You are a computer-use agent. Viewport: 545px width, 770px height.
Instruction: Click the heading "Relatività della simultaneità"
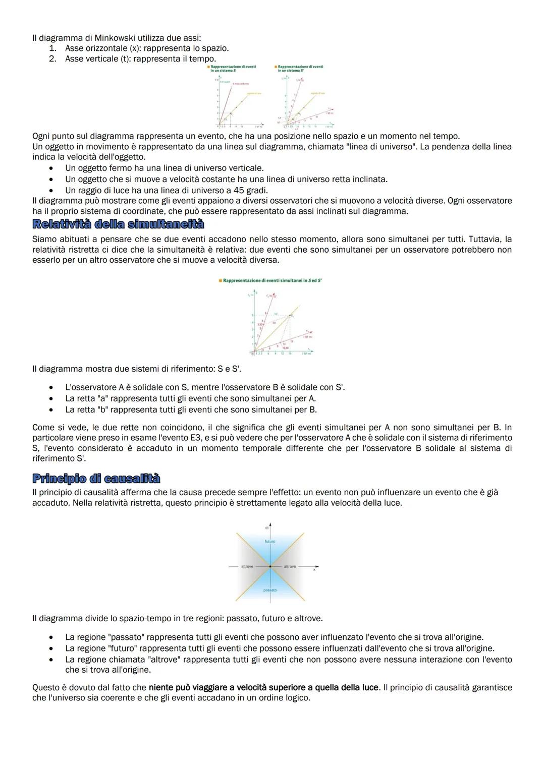click(x=118, y=224)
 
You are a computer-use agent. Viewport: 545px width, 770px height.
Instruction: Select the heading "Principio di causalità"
click(x=96, y=479)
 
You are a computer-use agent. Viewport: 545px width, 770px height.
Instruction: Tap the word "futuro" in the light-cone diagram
click(x=270, y=542)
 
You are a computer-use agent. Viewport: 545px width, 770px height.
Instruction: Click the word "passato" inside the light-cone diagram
click(x=270, y=590)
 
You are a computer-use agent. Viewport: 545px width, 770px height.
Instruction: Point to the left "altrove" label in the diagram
click(x=247, y=567)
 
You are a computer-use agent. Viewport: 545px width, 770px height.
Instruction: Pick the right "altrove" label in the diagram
click(x=290, y=567)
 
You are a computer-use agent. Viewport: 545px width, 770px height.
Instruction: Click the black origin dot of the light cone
click(x=270, y=567)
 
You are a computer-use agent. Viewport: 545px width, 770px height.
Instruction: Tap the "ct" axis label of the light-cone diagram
click(x=266, y=527)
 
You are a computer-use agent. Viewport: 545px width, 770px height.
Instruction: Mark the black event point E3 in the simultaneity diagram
click(x=290, y=316)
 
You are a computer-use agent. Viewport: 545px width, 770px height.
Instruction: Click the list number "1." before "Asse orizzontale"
click(x=52, y=48)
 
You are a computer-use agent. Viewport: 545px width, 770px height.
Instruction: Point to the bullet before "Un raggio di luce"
click(x=52, y=191)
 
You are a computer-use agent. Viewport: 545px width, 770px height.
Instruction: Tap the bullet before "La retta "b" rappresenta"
click(x=52, y=410)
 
